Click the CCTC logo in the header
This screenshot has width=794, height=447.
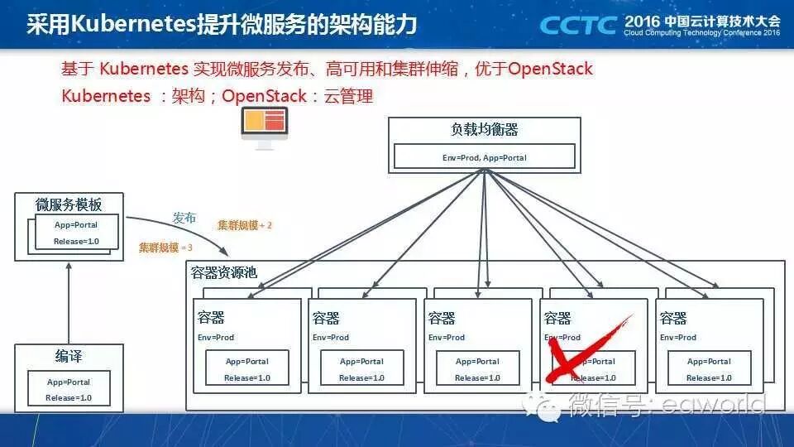point(577,24)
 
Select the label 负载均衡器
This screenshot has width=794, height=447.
point(484,130)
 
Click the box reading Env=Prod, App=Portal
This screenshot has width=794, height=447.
point(484,156)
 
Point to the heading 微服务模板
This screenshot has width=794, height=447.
point(69,204)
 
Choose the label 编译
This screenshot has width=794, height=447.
point(69,357)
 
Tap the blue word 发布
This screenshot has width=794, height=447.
point(184,219)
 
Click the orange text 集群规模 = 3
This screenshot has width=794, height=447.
point(165,248)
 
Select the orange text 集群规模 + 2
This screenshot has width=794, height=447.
point(244,225)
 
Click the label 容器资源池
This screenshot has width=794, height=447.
point(224,272)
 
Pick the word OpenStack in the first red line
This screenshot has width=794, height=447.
point(550,68)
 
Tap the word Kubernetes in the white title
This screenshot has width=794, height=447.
point(133,24)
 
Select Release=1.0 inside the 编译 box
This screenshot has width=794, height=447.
point(69,397)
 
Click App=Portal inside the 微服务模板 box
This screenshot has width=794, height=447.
point(75,225)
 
